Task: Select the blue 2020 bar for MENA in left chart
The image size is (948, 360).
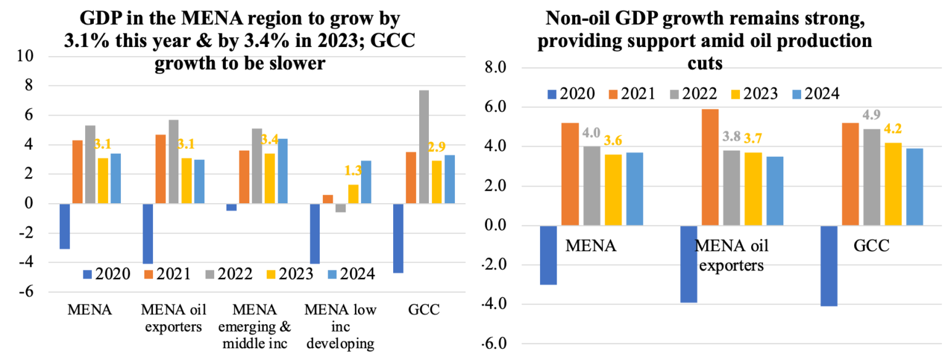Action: pyautogui.click(x=64, y=226)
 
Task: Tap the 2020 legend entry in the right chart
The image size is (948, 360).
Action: pyautogui.click(x=571, y=93)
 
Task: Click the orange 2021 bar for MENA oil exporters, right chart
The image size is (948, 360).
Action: pyautogui.click(x=710, y=167)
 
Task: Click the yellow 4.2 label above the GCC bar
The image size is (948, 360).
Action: pyautogui.click(x=894, y=131)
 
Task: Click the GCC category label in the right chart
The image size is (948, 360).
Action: pyautogui.click(x=871, y=246)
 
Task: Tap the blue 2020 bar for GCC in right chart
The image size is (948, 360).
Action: pyautogui.click(x=829, y=266)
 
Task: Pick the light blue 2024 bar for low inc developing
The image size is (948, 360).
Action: pyautogui.click(x=366, y=182)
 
